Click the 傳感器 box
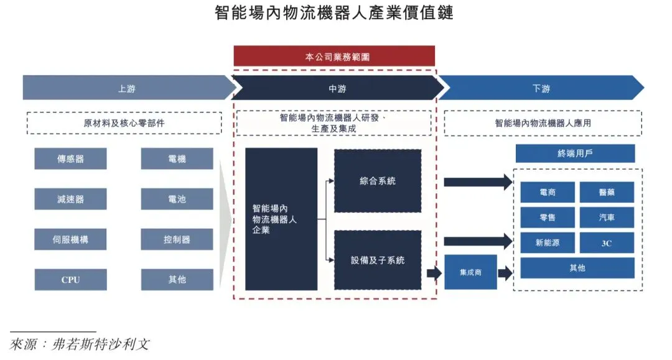pyautogui.click(x=70, y=159)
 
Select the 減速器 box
pyautogui.click(x=70, y=199)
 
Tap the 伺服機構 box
pyautogui.click(x=70, y=239)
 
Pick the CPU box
pyautogui.click(x=70, y=280)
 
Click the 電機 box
pyautogui.click(x=177, y=159)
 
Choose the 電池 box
pyautogui.click(x=177, y=199)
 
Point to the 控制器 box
pyautogui.click(x=177, y=239)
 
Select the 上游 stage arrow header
pyautogui.click(x=126, y=88)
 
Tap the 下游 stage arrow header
pyautogui.click(x=541, y=88)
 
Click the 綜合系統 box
pyautogui.click(x=378, y=181)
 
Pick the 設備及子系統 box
pyautogui.click(x=378, y=260)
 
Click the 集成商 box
pyautogui.click(x=470, y=272)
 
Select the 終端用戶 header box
pyautogui.click(x=575, y=154)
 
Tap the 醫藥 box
pyautogui.click(x=607, y=192)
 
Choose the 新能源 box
pyautogui.click(x=547, y=242)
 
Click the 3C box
pyautogui.click(x=607, y=242)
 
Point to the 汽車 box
pyautogui.click(x=607, y=218)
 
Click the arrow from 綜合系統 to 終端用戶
pyautogui.click(x=477, y=182)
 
